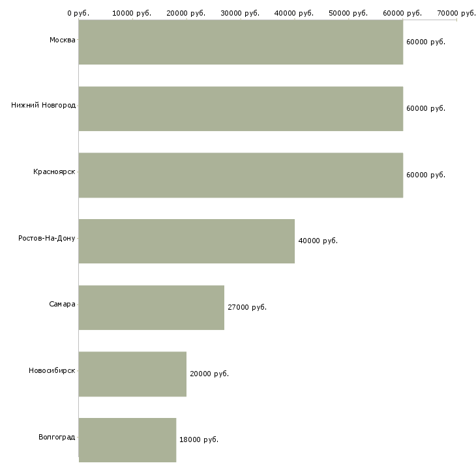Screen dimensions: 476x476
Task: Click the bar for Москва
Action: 241,42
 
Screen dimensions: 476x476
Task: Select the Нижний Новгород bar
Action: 241,109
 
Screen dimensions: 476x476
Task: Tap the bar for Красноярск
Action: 241,175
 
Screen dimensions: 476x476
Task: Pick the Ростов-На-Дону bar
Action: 186,241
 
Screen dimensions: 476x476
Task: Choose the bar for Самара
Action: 151,308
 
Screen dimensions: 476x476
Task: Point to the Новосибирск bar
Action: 132,374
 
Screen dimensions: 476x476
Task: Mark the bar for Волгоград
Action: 128,440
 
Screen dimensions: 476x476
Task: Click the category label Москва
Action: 62,40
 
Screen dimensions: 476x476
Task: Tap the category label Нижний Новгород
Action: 44,106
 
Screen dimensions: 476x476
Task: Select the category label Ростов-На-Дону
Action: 47,238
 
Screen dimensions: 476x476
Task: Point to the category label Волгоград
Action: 57,437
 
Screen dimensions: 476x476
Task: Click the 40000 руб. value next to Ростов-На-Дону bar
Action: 318,241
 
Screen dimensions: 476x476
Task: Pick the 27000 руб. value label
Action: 247,307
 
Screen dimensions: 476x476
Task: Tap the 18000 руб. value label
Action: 199,439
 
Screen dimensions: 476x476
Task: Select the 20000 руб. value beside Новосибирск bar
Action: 209,374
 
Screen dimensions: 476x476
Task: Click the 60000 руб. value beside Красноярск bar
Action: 426,175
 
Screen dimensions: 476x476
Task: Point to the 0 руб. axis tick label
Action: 78,13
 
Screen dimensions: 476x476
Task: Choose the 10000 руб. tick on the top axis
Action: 132,13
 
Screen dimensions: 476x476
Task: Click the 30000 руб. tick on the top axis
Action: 240,13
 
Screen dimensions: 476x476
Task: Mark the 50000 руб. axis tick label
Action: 348,13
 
